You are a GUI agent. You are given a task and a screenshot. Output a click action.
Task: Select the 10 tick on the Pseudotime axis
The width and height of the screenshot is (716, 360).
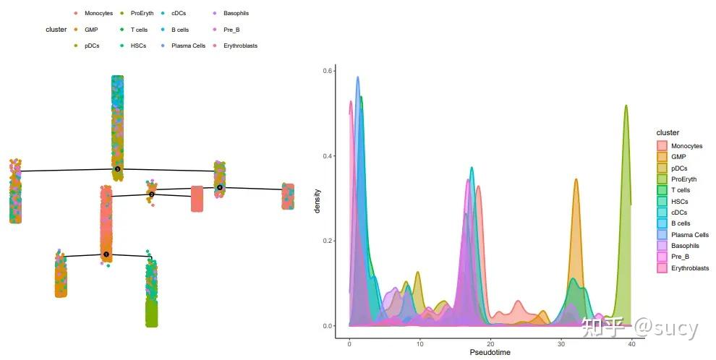pos(420,335)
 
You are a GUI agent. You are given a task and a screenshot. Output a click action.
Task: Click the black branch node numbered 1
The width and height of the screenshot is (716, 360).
pos(106,254)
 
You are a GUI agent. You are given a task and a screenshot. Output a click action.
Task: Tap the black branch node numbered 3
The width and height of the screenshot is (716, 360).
pos(117,169)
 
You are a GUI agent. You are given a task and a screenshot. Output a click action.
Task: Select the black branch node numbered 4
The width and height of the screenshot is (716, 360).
pos(219,188)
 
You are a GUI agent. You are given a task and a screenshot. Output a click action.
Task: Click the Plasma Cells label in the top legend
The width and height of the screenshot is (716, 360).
pos(188,46)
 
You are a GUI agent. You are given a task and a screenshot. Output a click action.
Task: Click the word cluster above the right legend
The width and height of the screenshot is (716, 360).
pos(668,133)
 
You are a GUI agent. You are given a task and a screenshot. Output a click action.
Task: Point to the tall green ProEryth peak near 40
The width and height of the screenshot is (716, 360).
pos(626,106)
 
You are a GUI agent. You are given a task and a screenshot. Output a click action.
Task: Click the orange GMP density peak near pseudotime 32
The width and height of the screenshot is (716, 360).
pos(576,180)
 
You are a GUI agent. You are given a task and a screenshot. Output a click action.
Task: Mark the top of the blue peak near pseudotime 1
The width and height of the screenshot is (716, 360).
pos(357,77)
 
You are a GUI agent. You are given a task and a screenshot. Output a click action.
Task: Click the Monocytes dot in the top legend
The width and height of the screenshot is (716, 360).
pos(76,14)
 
